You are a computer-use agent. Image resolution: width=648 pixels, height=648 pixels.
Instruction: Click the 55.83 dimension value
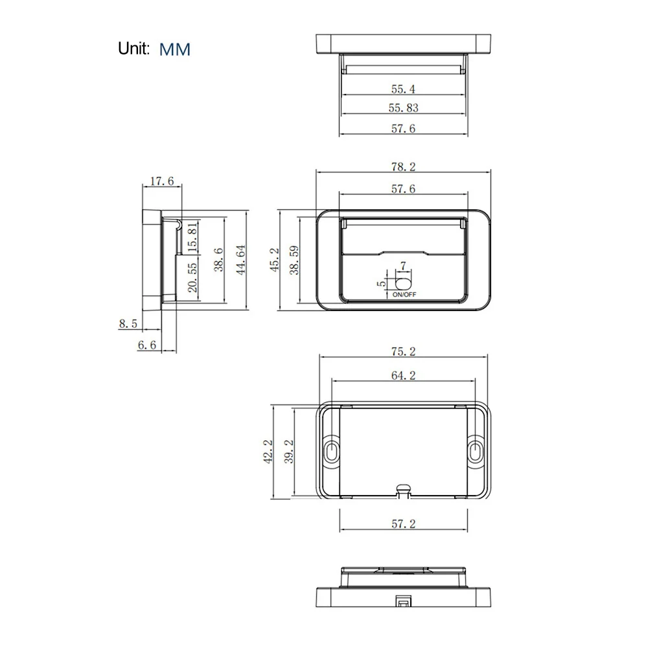click(402, 108)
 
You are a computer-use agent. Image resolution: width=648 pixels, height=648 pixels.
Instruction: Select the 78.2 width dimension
click(402, 167)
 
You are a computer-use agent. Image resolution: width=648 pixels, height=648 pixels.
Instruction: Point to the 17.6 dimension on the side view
click(161, 181)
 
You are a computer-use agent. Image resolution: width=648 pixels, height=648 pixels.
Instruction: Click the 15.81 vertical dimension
click(192, 237)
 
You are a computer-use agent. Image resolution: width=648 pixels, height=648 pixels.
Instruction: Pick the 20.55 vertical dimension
click(192, 278)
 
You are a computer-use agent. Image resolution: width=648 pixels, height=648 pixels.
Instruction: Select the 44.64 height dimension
click(240, 260)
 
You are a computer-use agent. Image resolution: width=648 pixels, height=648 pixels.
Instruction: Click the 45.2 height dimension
click(275, 260)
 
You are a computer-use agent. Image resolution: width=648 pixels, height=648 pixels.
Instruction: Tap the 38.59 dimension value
click(295, 260)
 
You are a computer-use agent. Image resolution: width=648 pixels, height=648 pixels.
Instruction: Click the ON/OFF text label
click(404, 295)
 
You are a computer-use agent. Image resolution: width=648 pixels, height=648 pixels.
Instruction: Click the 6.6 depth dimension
click(147, 345)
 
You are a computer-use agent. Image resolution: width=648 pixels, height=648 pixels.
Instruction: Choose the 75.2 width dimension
click(402, 352)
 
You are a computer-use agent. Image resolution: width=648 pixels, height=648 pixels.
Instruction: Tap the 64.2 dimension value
click(402, 375)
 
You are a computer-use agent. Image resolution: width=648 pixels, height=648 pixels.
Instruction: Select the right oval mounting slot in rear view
click(475, 451)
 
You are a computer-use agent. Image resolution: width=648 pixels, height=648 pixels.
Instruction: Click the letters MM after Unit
click(174, 49)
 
